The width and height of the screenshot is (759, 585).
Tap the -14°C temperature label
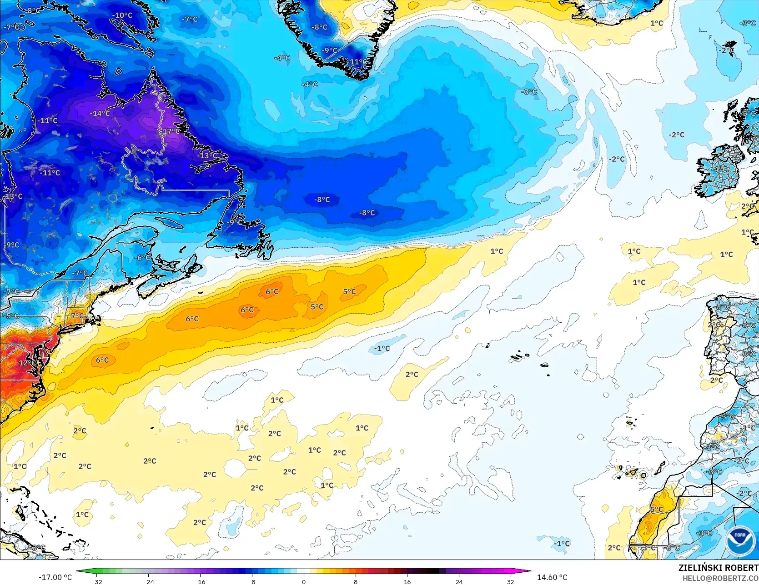click(100, 113)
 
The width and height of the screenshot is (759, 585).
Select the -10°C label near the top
click(122, 15)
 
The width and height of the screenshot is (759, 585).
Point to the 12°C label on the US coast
click(27, 363)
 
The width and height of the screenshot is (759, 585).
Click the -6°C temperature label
click(142, 257)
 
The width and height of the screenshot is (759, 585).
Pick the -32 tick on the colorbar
click(96, 581)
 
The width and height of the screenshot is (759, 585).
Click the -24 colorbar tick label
click(148, 581)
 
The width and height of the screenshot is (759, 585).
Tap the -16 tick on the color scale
click(200, 581)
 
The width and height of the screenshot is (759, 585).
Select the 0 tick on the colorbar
click(304, 581)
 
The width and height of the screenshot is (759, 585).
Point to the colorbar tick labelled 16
click(407, 581)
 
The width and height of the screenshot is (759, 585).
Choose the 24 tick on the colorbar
click(459, 581)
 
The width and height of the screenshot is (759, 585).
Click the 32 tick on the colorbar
click(511, 581)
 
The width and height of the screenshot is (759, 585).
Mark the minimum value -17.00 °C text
click(55, 577)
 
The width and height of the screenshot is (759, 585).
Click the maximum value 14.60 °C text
click(552, 577)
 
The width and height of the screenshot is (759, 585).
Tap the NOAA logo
click(740, 540)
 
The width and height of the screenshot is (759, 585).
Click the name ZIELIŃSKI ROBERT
click(718, 568)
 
